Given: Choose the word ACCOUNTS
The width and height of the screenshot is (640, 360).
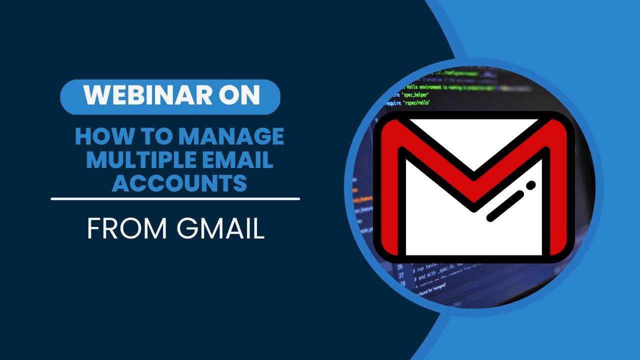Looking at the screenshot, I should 179,183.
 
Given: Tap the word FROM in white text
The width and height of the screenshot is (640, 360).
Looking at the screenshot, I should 127,229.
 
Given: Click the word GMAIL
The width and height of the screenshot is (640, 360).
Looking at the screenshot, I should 220,229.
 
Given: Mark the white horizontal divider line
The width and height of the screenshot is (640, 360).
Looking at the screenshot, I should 175,198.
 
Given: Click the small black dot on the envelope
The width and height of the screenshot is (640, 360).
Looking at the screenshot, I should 530,185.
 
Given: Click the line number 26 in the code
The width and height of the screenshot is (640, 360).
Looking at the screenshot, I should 399,267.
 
